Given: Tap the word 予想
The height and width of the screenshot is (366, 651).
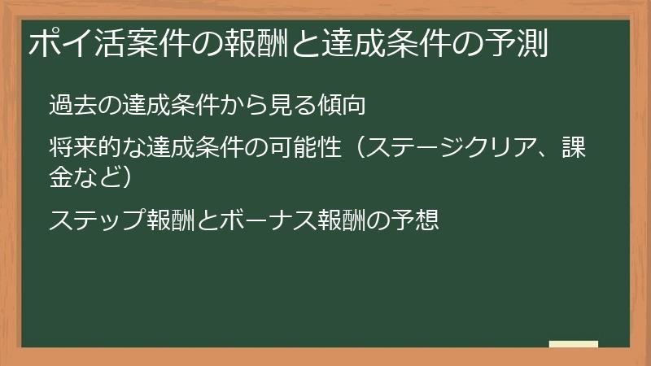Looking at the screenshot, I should tap(416, 220).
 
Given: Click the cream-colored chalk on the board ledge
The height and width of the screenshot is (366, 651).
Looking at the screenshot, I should tap(574, 344).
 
